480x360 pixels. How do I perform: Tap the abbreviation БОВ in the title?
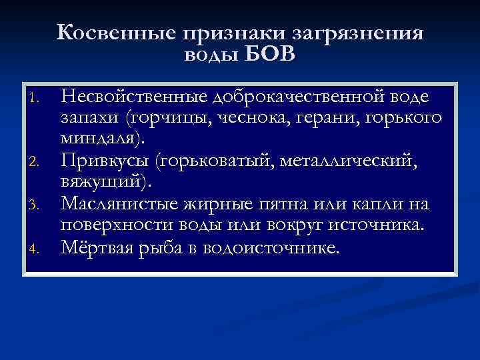pyautogui.click(x=269, y=54)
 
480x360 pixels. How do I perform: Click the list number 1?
pyautogui.click(x=37, y=101)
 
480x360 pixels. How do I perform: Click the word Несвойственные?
pyautogui.click(x=135, y=98)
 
